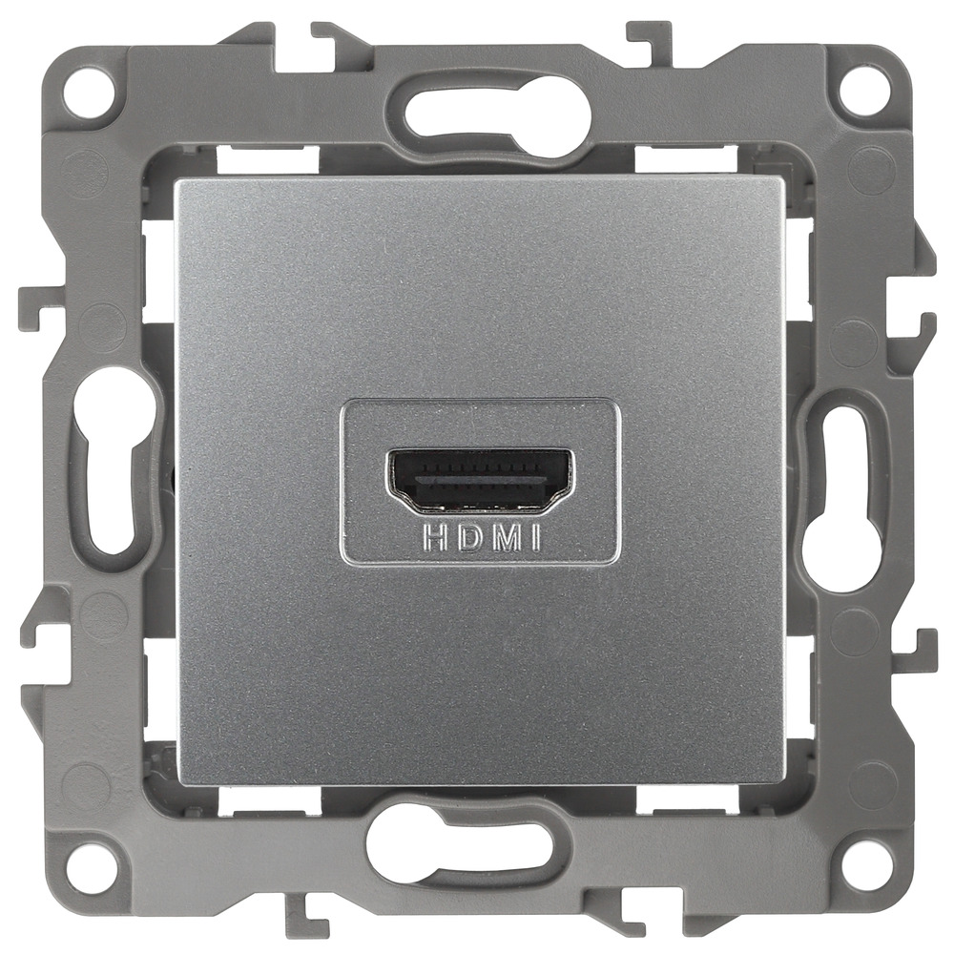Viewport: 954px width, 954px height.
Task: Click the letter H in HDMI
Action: [432, 540]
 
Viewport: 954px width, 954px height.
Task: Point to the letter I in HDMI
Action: [535, 540]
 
